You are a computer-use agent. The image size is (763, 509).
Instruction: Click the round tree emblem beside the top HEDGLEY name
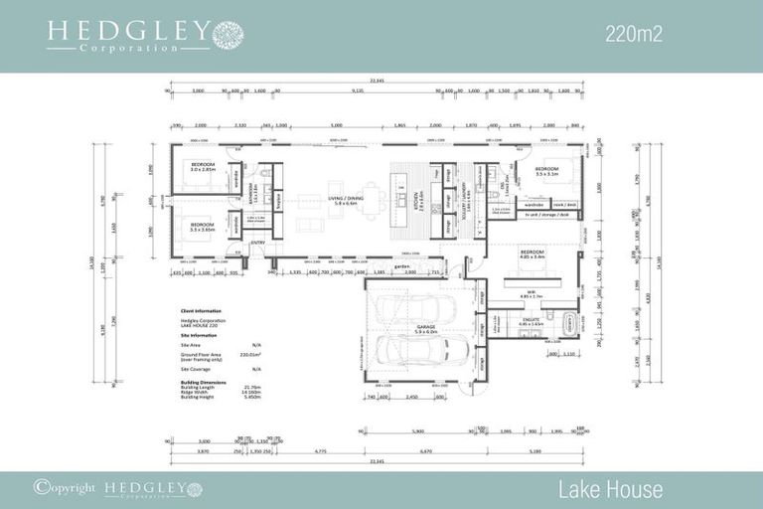[228, 34]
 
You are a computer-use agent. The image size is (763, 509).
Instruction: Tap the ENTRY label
[257, 243]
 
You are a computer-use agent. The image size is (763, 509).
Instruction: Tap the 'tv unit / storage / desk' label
[547, 214]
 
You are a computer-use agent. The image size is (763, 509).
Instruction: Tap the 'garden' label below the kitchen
[402, 266]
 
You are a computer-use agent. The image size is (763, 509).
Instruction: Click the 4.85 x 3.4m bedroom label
[532, 254]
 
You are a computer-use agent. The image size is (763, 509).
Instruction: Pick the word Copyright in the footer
[69, 488]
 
